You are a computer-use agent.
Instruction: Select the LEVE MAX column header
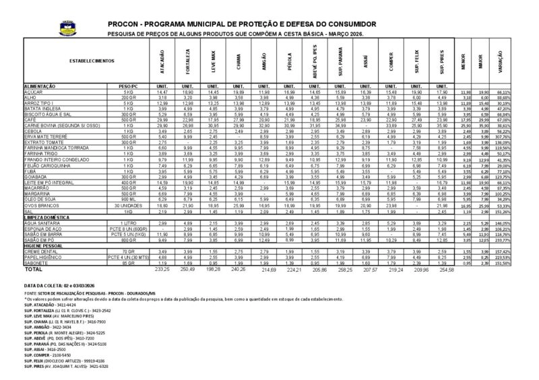(x=208, y=61)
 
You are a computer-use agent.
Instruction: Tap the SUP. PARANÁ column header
(x=341, y=61)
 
